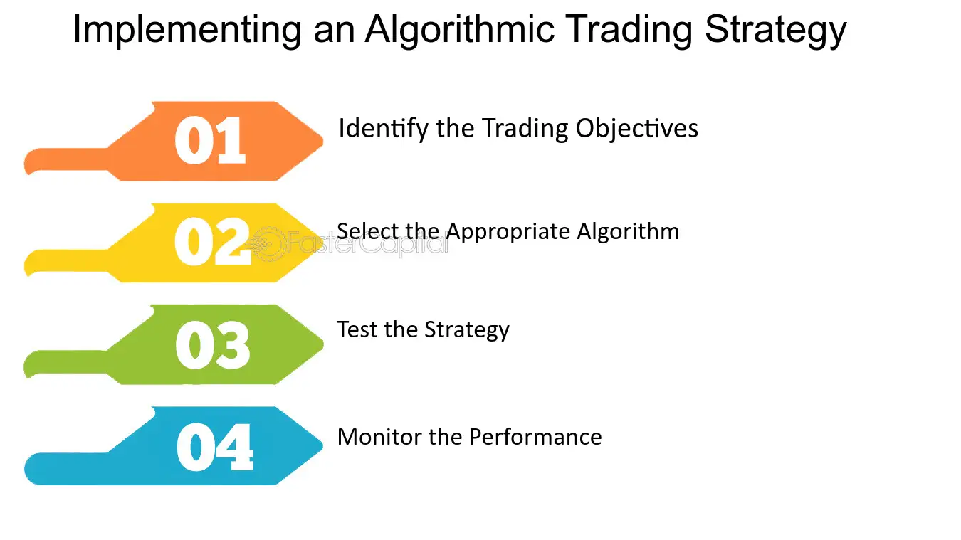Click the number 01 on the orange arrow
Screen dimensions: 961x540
tap(210, 140)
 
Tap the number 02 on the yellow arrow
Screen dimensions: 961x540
tap(212, 241)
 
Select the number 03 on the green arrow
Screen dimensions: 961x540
tap(213, 345)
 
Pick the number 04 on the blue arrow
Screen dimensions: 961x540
tap(214, 447)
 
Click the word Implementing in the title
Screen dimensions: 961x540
tap(187, 30)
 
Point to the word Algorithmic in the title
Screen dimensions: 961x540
tap(459, 30)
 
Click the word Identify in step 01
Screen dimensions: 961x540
tap(384, 129)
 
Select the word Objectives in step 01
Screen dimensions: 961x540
tap(637, 129)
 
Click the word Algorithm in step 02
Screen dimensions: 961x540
tap(628, 232)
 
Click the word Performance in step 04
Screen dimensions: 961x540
tap(535, 437)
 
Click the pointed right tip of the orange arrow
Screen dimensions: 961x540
tap(322, 140)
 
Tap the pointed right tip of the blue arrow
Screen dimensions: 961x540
tap(322, 445)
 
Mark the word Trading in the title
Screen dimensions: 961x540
tap(629, 30)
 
